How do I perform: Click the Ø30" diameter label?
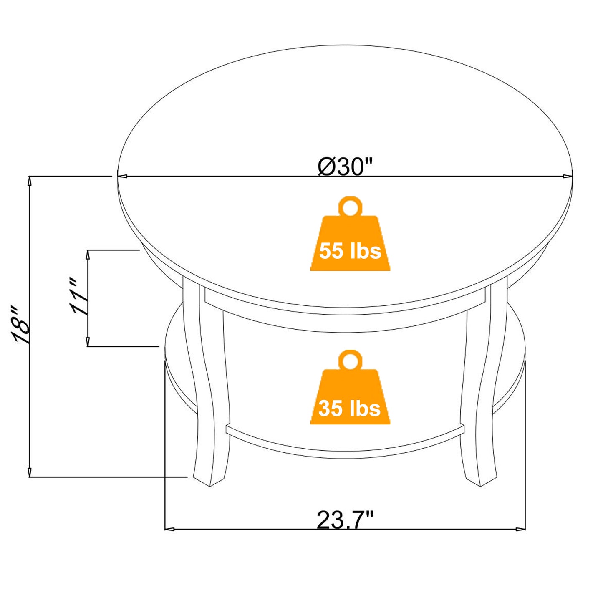(x=344, y=167)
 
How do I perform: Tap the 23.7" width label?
(x=345, y=520)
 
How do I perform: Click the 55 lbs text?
(x=350, y=251)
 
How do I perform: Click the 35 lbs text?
(x=350, y=408)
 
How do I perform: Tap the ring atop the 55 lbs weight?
(x=350, y=206)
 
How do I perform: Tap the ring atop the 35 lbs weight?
(x=350, y=360)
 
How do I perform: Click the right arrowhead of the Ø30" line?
(x=568, y=177)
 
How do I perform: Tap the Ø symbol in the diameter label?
(x=325, y=167)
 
